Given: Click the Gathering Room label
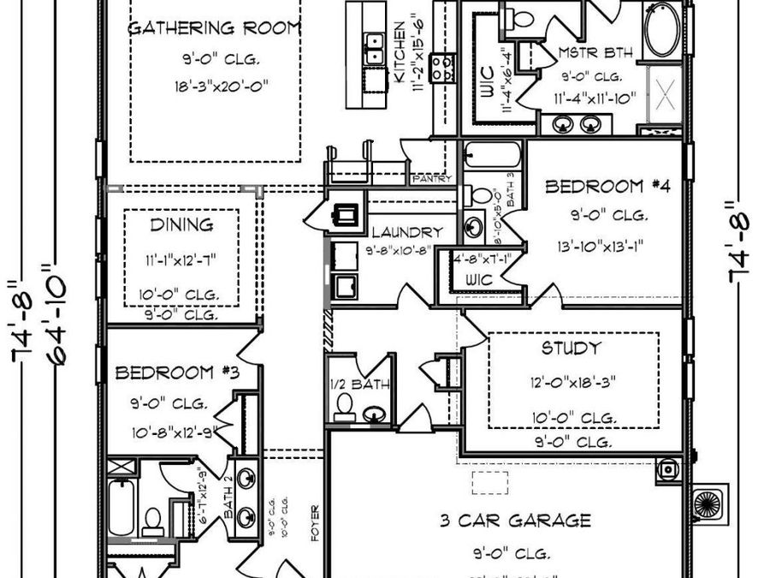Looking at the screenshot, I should (214, 27).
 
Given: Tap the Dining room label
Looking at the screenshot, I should (181, 225).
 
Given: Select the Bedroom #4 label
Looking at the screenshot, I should (594, 186).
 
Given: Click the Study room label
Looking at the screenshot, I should (571, 349).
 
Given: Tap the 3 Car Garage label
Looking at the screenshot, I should (515, 520).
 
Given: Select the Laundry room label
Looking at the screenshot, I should (407, 232).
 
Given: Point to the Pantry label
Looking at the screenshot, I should (426, 180).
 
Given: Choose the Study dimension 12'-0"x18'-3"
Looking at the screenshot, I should (572, 379).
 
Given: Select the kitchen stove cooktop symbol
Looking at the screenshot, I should (442, 67).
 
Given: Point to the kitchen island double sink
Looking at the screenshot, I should (374, 48).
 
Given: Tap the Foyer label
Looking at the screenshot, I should (315, 522).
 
